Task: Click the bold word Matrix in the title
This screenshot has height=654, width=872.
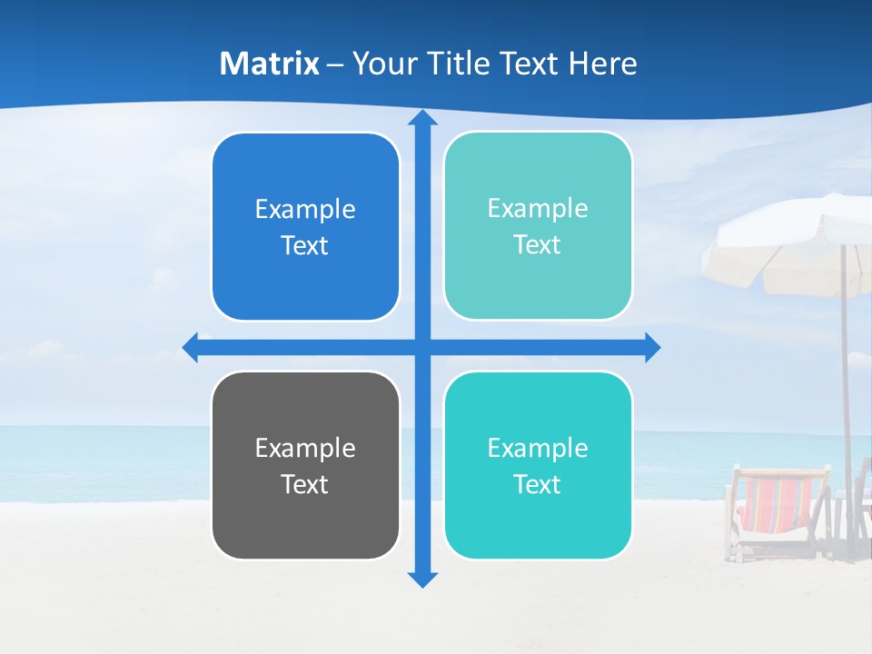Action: (x=270, y=64)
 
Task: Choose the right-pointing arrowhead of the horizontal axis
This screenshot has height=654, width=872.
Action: (x=651, y=347)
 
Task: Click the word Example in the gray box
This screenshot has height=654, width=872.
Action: (x=305, y=448)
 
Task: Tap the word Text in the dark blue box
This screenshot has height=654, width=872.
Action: (x=305, y=246)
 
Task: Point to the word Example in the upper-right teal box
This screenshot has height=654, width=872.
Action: (x=538, y=208)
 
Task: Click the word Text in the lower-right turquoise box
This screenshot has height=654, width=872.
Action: (x=538, y=484)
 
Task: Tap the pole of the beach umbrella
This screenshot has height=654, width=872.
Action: (x=846, y=381)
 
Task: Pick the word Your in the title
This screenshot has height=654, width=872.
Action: (x=381, y=64)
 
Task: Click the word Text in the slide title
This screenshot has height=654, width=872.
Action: (x=528, y=64)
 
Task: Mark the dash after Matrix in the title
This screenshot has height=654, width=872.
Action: (x=335, y=64)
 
